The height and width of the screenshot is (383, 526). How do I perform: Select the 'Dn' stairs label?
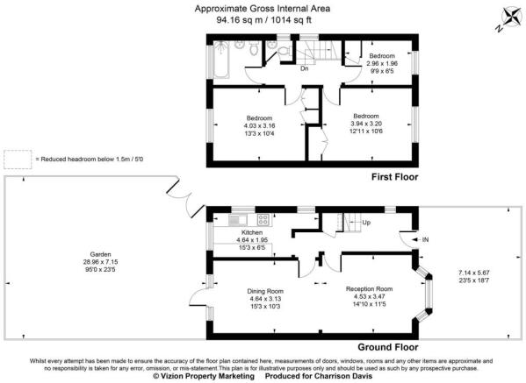304,68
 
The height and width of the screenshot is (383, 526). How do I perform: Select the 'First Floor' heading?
391,176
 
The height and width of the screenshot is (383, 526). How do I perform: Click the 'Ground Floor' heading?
385,346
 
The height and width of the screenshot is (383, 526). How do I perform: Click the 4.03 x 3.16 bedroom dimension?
259,125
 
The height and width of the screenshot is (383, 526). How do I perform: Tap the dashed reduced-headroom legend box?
17,160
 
